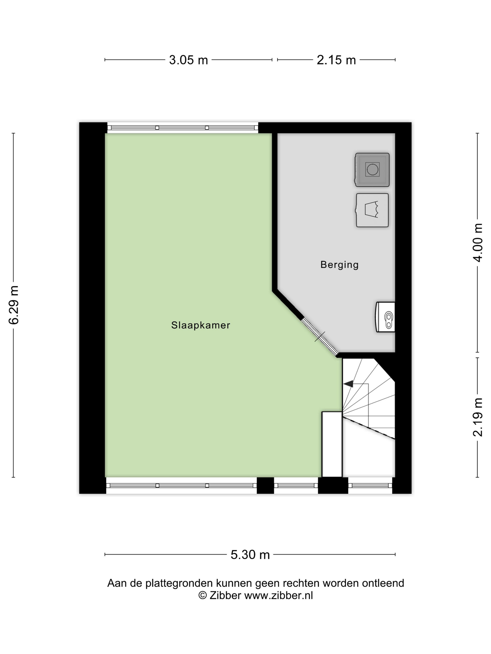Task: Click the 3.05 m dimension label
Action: coord(188,60)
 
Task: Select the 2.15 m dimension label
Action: coord(336,60)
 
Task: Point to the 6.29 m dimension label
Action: coord(14,305)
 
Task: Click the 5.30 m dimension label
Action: coord(250,555)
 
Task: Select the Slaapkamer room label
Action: coord(201,325)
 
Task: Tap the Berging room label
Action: coord(339,265)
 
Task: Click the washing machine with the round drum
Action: coord(372,170)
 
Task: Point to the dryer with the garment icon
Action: coord(372,210)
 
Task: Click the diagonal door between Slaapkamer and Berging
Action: coord(320,337)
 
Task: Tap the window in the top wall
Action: coord(183,128)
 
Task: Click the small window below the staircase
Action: coord(370,485)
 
